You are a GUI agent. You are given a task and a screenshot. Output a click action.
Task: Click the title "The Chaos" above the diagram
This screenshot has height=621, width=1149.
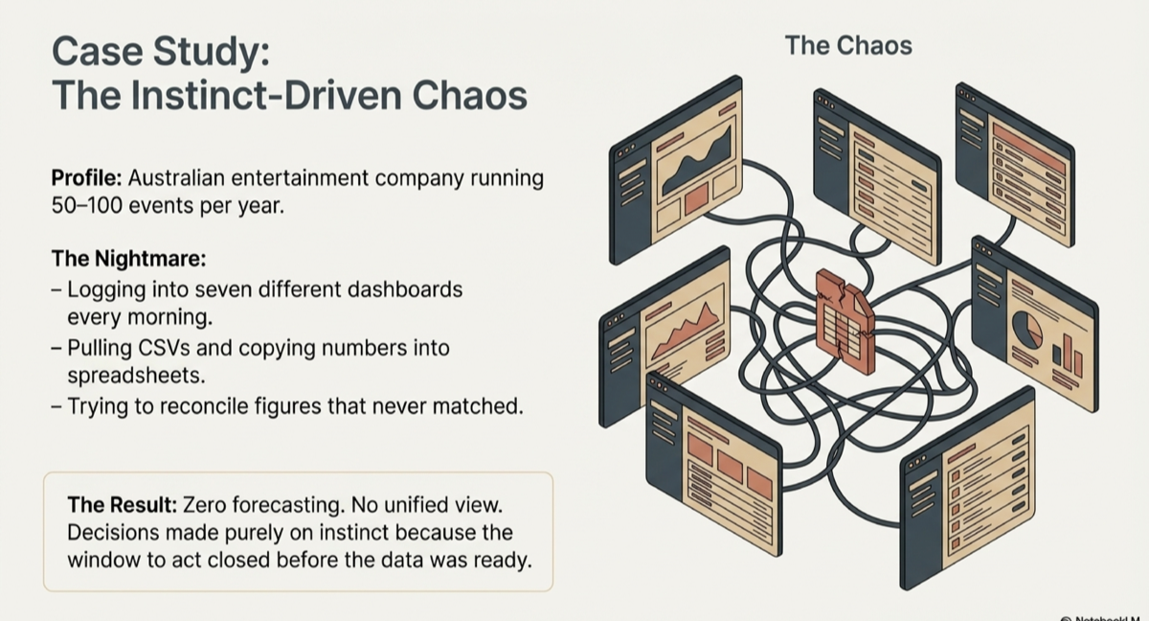pyautogui.click(x=848, y=45)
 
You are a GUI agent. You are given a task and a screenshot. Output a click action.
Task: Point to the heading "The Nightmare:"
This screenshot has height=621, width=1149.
pyautogui.click(x=128, y=259)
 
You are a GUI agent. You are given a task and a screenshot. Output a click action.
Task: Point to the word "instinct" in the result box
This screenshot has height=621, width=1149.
pyautogui.click(x=354, y=532)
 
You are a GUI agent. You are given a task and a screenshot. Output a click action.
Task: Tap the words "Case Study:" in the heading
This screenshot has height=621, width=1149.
pyautogui.click(x=160, y=51)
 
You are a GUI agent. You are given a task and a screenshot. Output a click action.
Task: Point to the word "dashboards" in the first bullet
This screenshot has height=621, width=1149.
pyautogui.click(x=411, y=288)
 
